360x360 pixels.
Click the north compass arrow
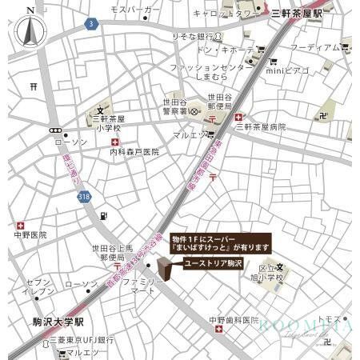(30, 32)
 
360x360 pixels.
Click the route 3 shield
(92, 25)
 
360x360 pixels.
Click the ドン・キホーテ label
(224, 50)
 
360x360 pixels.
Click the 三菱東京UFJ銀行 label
(81, 339)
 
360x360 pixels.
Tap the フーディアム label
(315, 46)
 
